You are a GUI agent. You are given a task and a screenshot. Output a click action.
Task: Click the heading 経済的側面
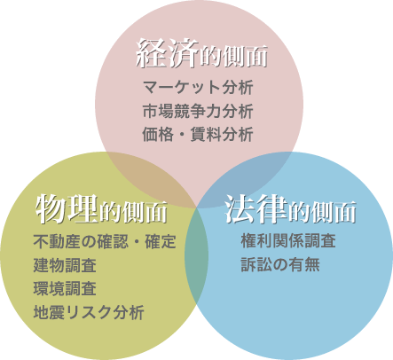click(x=202, y=54)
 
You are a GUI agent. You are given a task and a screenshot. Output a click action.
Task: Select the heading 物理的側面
click(x=101, y=209)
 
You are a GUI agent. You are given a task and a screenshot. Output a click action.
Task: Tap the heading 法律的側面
click(x=290, y=209)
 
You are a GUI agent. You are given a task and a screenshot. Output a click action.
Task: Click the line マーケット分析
click(x=198, y=88)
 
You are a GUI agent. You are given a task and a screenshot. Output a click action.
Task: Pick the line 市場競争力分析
click(x=198, y=111)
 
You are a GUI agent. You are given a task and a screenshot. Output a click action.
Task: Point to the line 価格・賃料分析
click(x=198, y=134)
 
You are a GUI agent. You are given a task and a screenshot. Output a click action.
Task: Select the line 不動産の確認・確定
click(x=105, y=241)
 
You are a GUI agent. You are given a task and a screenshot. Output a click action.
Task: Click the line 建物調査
click(x=65, y=265)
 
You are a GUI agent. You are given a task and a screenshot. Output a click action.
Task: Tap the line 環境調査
click(x=65, y=289)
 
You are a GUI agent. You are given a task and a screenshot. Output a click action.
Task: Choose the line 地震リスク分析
click(x=89, y=312)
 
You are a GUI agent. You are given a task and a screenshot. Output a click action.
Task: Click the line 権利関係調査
click(x=288, y=240)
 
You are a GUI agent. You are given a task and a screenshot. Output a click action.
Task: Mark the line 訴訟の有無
click(x=280, y=264)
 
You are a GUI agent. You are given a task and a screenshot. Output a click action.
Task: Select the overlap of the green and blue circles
click(x=196, y=254)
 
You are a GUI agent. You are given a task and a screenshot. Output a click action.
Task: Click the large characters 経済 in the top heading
click(x=167, y=53)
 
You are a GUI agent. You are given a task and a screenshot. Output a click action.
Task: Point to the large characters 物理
click(x=67, y=208)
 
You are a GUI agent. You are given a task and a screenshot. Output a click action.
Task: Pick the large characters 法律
click(x=256, y=208)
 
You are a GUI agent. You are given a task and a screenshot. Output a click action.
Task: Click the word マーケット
click(x=182, y=88)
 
